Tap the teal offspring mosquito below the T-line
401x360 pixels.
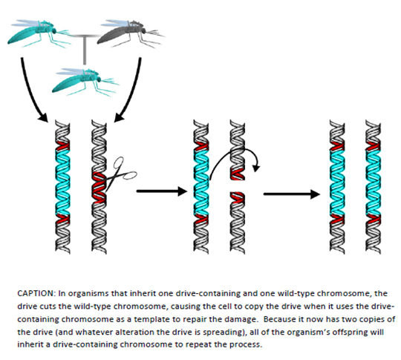coord(85,82)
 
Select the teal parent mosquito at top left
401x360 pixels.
coord(39,33)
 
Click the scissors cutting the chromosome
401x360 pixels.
coord(120,174)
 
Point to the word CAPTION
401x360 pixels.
coord(36,293)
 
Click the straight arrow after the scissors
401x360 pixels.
coord(162,191)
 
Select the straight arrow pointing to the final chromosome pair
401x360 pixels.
coord(291,194)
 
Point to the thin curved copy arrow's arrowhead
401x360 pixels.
coord(256,168)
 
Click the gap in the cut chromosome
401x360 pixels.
coord(238,186)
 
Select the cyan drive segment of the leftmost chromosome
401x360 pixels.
coord(62,182)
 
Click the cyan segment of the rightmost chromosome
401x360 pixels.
coord(374,182)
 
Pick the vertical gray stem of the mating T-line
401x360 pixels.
coord(85,50)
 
